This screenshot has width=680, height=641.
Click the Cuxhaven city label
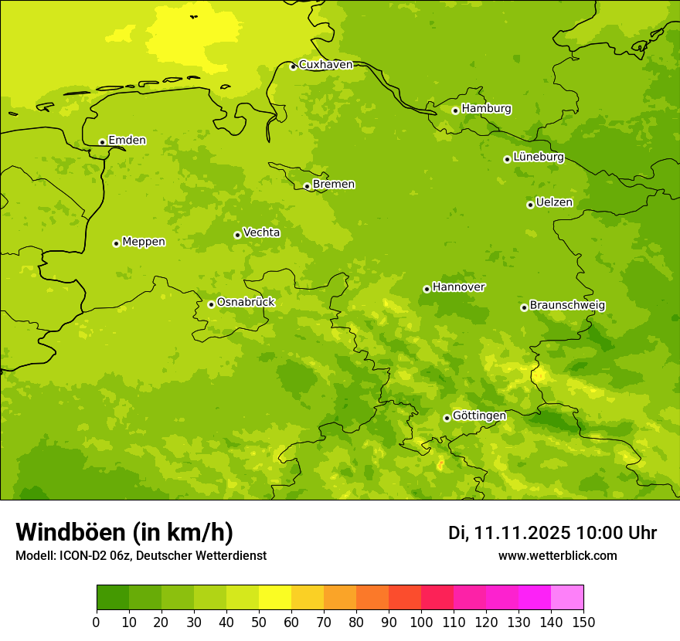click(x=325, y=65)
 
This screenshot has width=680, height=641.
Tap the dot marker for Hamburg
click(x=455, y=110)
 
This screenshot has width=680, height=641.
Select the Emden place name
click(x=127, y=141)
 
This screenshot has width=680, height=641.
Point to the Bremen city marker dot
click(x=307, y=186)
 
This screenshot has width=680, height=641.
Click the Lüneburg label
click(x=538, y=157)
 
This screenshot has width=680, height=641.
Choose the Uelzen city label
click(x=554, y=203)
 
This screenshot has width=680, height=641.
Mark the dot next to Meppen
click(x=116, y=243)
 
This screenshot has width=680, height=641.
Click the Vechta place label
click(x=261, y=232)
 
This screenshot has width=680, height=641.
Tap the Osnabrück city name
click(x=246, y=303)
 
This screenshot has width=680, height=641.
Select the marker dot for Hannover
click(x=427, y=289)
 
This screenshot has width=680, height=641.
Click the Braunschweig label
click(x=567, y=306)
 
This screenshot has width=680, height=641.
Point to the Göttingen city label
click(x=479, y=415)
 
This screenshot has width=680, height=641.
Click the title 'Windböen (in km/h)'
click(x=124, y=532)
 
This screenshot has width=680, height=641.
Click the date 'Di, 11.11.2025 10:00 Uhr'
click(x=552, y=533)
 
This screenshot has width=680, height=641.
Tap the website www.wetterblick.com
click(x=557, y=556)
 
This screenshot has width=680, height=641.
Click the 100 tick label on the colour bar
click(x=421, y=622)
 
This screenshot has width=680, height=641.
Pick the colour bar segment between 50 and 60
click(x=275, y=598)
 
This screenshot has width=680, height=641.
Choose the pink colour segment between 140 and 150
click(x=567, y=598)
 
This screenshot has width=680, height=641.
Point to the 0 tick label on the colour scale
click(x=97, y=622)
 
